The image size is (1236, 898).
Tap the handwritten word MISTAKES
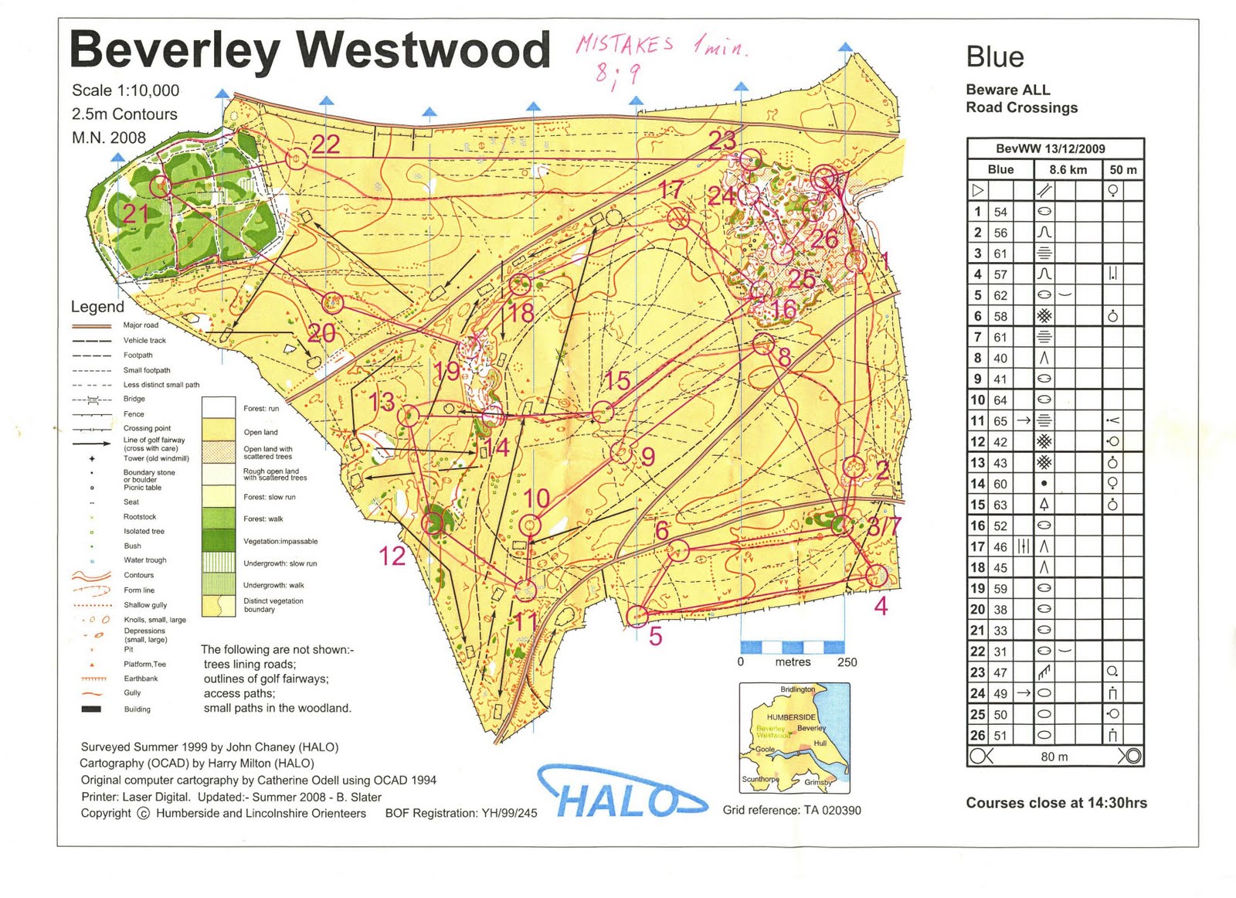(x=624, y=44)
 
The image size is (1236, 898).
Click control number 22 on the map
(x=325, y=145)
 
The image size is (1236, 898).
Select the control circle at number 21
(x=160, y=185)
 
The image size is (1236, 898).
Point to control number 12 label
(x=392, y=556)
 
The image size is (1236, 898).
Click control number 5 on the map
(x=655, y=637)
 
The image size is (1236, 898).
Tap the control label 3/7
(x=884, y=527)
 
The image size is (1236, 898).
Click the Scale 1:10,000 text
(x=125, y=90)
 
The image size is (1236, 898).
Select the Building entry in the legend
(x=137, y=709)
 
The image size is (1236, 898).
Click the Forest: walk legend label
(x=263, y=519)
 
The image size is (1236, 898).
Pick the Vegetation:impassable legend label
(x=280, y=541)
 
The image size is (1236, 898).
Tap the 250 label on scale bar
(x=847, y=662)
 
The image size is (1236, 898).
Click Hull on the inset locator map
(x=820, y=743)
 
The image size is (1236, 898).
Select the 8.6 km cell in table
(x=1068, y=169)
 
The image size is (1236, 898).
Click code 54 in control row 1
(x=1000, y=212)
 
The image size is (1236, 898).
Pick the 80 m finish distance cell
(x=1054, y=757)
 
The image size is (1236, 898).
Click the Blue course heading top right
(x=994, y=57)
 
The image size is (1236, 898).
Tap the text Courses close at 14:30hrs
(x=1056, y=803)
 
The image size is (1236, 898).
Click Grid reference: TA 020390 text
(x=791, y=810)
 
